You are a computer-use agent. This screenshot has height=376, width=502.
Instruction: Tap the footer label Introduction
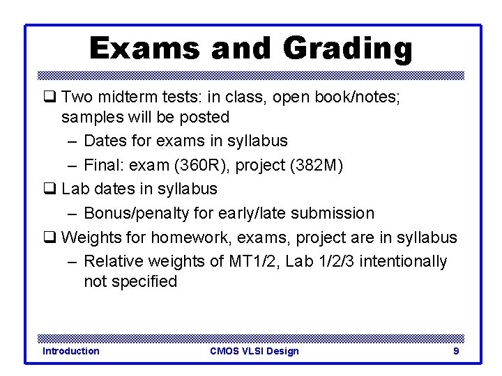(70, 351)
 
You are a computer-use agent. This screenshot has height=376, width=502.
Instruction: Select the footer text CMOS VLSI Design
(254, 351)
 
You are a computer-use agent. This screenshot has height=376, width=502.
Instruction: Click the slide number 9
(456, 351)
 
